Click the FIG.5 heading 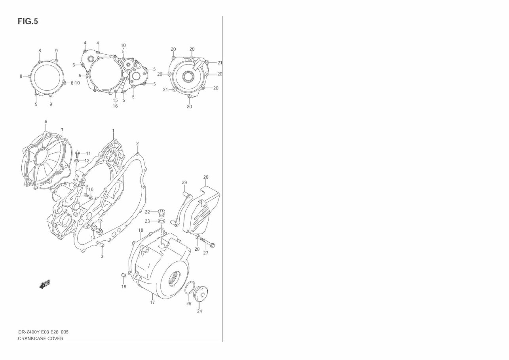(28, 22)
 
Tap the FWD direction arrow (45, 284)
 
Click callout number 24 (199, 311)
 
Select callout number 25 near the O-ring (189, 304)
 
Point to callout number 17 (152, 302)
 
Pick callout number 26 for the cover (206, 177)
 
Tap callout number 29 (184, 183)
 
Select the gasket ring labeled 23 (161, 221)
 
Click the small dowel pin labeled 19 (123, 275)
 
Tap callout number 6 (46, 122)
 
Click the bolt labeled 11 (78, 153)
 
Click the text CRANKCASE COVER (41, 339)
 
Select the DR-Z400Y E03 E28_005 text (46, 332)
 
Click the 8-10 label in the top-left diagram (75, 83)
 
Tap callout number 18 (141, 230)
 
